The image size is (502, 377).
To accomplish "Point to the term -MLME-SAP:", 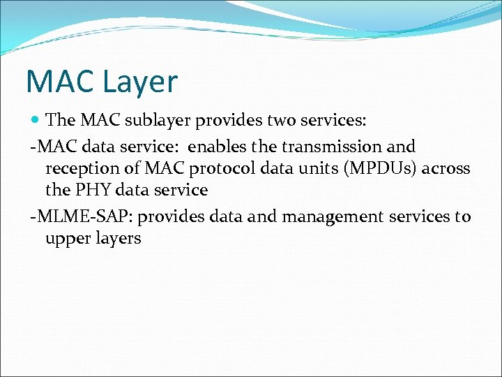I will coord(71,216).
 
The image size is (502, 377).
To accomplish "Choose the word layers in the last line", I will coord(119,239).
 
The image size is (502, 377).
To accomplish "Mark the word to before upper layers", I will coord(463,216).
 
